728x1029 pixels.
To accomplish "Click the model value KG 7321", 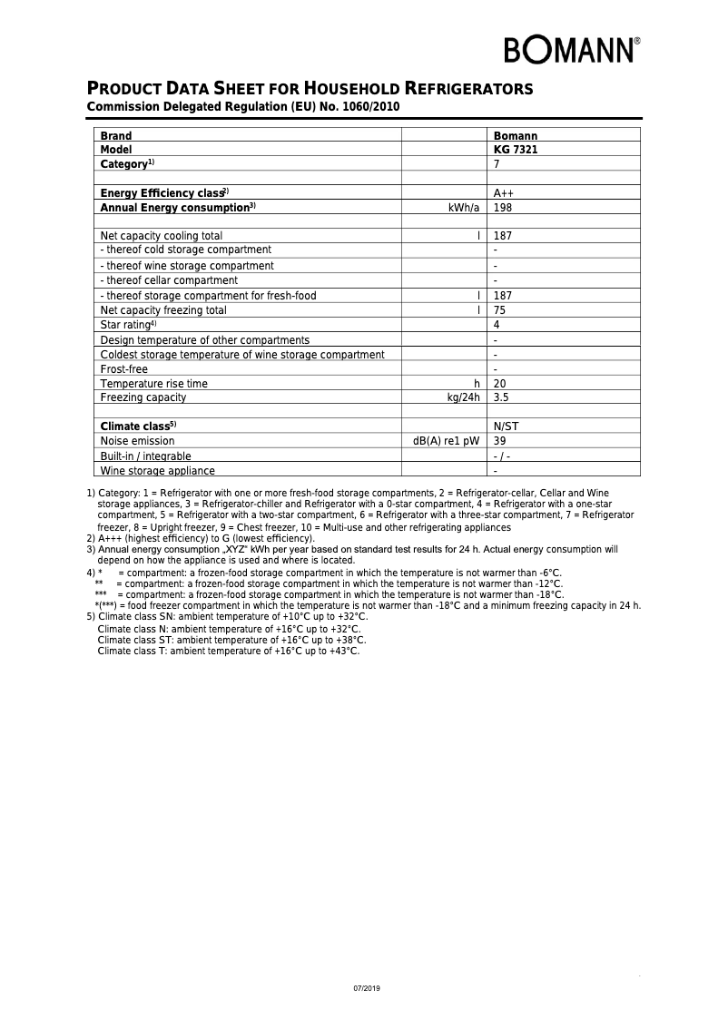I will pyautogui.click(x=516, y=150).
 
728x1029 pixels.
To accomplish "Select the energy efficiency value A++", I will pyautogui.click(x=504, y=193).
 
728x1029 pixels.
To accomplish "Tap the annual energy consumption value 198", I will pyautogui.click(x=503, y=208).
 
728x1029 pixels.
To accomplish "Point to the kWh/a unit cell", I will pyautogui.click(x=463, y=208).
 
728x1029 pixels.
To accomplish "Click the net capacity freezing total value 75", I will pyautogui.click(x=499, y=310).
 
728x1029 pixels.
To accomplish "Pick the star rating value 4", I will pyautogui.click(x=497, y=325).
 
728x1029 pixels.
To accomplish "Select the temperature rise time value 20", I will pyautogui.click(x=499, y=384).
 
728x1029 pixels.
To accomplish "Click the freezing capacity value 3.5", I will pyautogui.click(x=501, y=397).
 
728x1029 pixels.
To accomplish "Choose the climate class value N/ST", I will pyautogui.click(x=507, y=426).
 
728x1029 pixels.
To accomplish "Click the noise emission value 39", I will pyautogui.click(x=499, y=441).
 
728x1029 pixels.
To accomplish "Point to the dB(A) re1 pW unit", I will pyautogui.click(x=446, y=441).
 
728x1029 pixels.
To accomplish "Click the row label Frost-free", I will pyautogui.click(x=124, y=369).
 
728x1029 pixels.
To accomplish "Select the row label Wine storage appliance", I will pyautogui.click(x=158, y=471).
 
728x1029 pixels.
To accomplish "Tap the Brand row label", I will pyautogui.click(x=116, y=136).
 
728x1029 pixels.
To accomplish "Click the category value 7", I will pyautogui.click(x=497, y=164).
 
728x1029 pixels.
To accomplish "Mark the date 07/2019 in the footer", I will pyautogui.click(x=367, y=987).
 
